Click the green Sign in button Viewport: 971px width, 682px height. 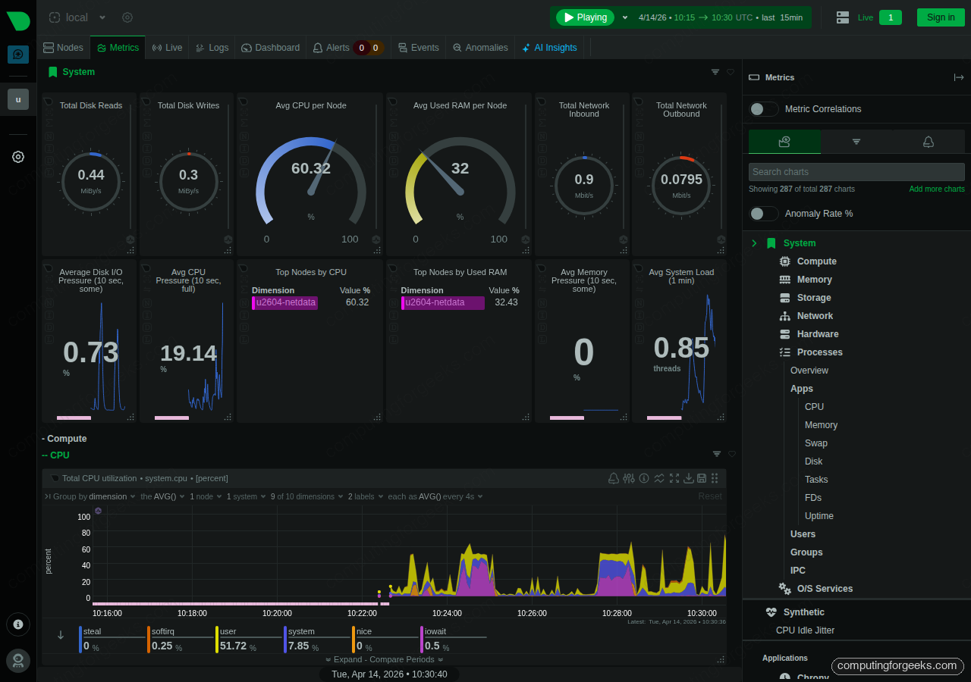pyautogui.click(x=941, y=17)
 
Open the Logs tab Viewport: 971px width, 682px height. pyautogui.click(x=212, y=48)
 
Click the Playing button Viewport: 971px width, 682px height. pyautogui.click(x=585, y=17)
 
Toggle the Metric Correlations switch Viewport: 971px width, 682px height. pyautogui.click(x=763, y=109)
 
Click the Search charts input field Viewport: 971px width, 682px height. pyautogui.click(x=856, y=172)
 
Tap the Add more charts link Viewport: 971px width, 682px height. pyautogui.click(x=937, y=189)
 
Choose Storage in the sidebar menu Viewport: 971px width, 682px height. pyautogui.click(x=814, y=298)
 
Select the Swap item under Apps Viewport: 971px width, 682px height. pyautogui.click(x=815, y=443)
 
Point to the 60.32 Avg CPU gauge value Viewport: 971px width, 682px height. pyautogui.click(x=311, y=168)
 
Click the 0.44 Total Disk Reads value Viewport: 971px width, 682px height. pyautogui.click(x=91, y=175)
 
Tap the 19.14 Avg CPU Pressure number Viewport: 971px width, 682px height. pyautogui.click(x=188, y=353)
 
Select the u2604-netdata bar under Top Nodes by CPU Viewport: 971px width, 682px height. pyautogui.click(x=285, y=302)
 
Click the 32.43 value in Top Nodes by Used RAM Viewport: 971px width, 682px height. pyautogui.click(x=506, y=302)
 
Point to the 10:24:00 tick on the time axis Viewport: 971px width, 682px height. pyautogui.click(x=447, y=613)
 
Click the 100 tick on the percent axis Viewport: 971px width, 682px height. pyautogui.click(x=83, y=517)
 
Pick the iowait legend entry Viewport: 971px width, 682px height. pyautogui.click(x=435, y=631)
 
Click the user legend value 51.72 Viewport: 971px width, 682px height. pyautogui.click(x=233, y=646)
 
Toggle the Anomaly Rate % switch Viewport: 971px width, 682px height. pyautogui.click(x=763, y=214)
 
